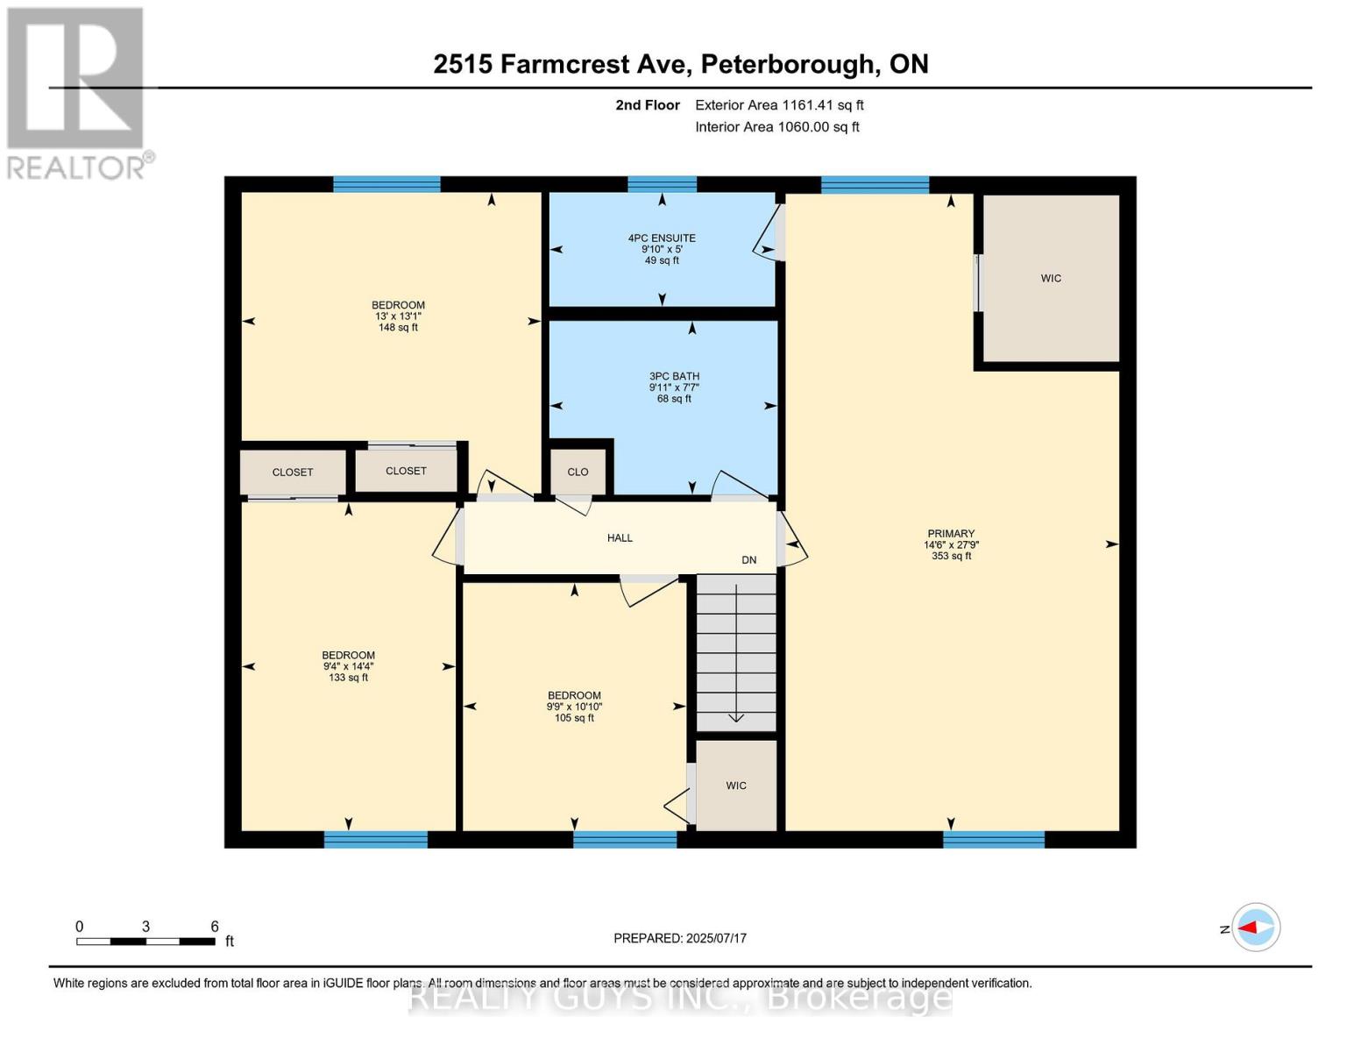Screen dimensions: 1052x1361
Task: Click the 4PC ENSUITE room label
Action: [662, 238]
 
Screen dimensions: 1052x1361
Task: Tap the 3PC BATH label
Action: [674, 377]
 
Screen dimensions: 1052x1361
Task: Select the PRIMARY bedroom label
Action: [951, 534]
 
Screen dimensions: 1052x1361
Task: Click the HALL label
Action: [620, 538]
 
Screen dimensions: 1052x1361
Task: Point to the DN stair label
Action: [748, 560]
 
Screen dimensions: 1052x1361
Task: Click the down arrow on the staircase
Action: [736, 716]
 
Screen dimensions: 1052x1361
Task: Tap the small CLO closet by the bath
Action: [578, 472]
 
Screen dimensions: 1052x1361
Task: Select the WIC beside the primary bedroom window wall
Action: [1051, 279]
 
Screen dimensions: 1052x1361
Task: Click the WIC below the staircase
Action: [736, 785]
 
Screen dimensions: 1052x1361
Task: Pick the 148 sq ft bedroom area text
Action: [398, 328]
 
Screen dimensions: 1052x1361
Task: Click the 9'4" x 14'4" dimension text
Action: [348, 666]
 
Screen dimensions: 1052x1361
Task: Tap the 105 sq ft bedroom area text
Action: [574, 718]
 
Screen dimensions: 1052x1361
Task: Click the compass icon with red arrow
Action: [1256, 927]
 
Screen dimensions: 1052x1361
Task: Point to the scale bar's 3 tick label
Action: [145, 927]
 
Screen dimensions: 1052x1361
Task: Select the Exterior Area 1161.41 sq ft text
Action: [779, 105]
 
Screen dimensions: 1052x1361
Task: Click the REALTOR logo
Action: [76, 92]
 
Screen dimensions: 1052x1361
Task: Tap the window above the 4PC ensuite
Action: [662, 184]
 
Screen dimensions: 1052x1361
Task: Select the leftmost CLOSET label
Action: [293, 473]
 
